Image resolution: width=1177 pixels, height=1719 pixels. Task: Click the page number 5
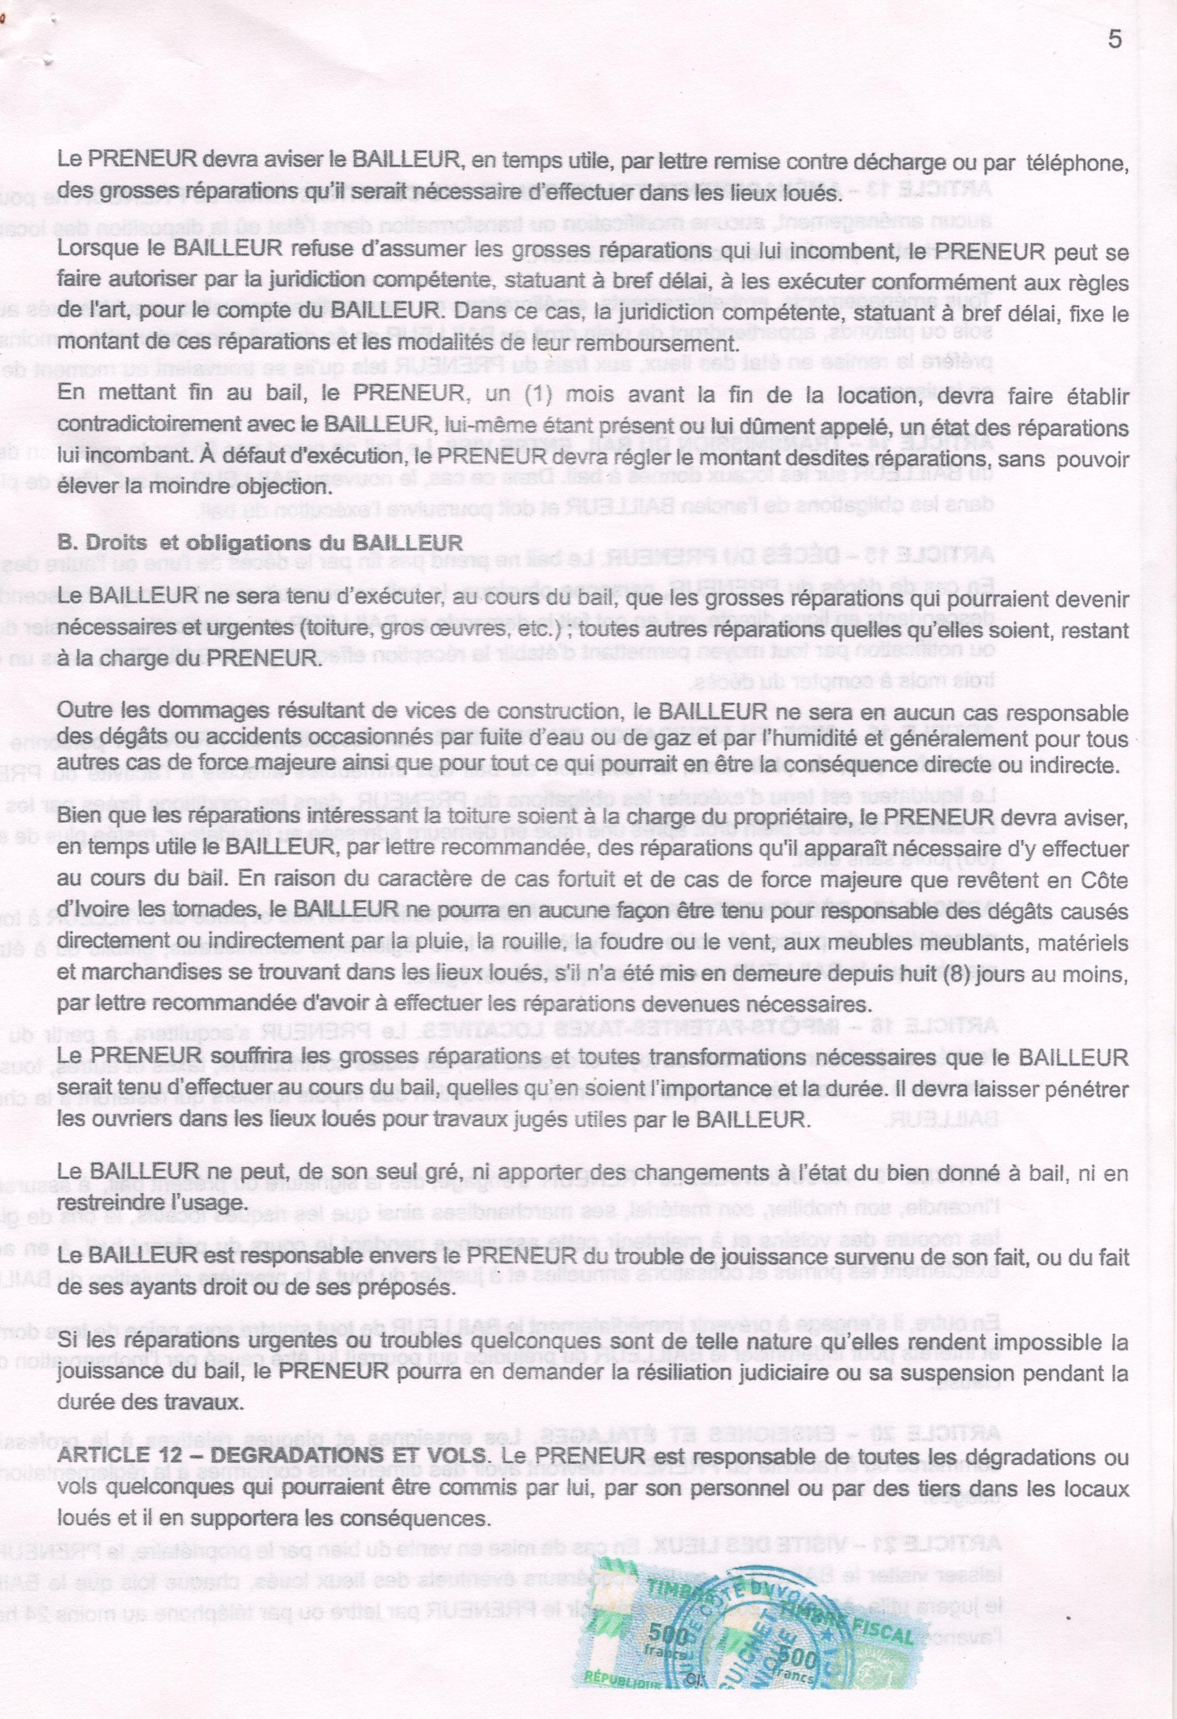(x=1115, y=40)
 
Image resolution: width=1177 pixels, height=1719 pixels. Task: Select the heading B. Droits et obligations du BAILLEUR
(x=261, y=542)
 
